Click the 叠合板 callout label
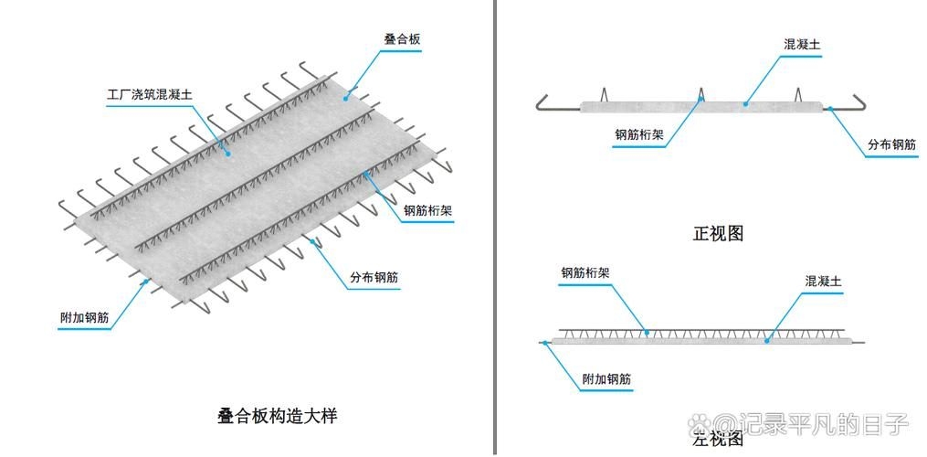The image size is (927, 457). (402, 40)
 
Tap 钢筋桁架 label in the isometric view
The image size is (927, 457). (428, 209)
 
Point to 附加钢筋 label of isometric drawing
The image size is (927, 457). (84, 318)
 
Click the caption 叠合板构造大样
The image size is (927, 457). (278, 416)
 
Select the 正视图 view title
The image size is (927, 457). (719, 233)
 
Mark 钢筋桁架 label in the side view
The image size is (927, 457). (585, 272)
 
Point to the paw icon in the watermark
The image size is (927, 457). (700, 424)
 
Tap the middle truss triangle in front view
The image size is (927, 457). (701, 94)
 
